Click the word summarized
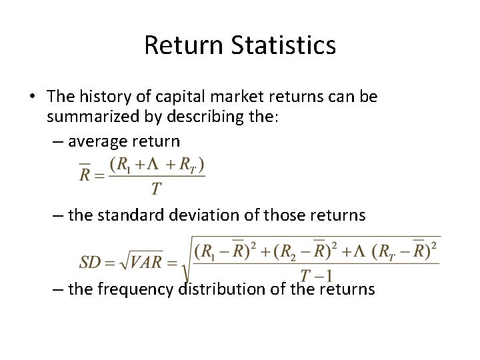87,119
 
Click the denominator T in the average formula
155,189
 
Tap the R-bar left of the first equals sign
85,174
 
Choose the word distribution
225,289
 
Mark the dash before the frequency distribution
57,289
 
